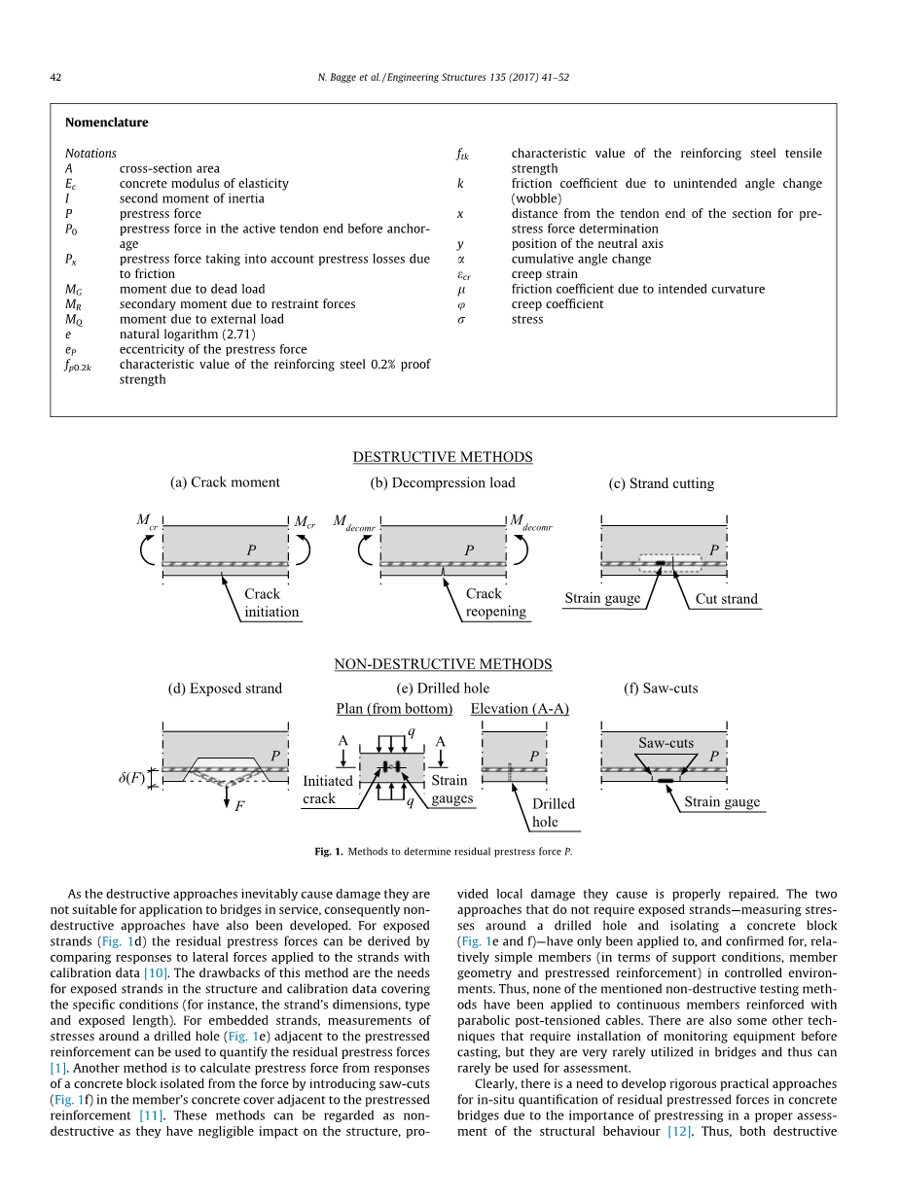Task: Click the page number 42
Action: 55,75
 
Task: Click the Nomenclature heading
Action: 106,123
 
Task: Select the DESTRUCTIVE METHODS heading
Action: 443,457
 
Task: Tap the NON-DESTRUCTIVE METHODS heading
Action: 443,664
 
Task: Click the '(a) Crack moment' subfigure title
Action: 225,482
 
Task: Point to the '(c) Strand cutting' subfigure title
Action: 661,483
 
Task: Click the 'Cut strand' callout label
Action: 726,599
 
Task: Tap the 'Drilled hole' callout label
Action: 553,813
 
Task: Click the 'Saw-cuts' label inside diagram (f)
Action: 666,743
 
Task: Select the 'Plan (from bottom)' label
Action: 394,708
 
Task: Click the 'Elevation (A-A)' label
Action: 520,708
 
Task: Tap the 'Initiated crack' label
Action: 328,790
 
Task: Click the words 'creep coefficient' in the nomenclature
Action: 558,304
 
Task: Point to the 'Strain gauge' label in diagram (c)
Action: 602,598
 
